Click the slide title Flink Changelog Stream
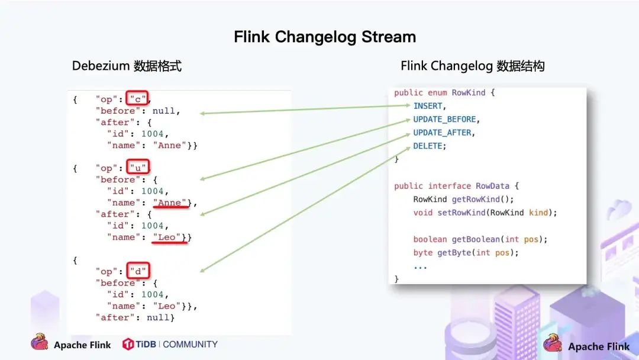pos(325,37)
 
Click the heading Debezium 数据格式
pos(127,66)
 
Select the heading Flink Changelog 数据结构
pos(472,66)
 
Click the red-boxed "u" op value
pos(138,168)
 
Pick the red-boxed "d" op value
pos(138,271)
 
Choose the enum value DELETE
pos(429,146)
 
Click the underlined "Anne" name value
pos(170,202)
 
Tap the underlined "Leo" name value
pos(167,237)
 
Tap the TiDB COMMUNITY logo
pos(170,344)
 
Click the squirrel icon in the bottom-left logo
pos(40,342)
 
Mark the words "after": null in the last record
pos(134,317)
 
